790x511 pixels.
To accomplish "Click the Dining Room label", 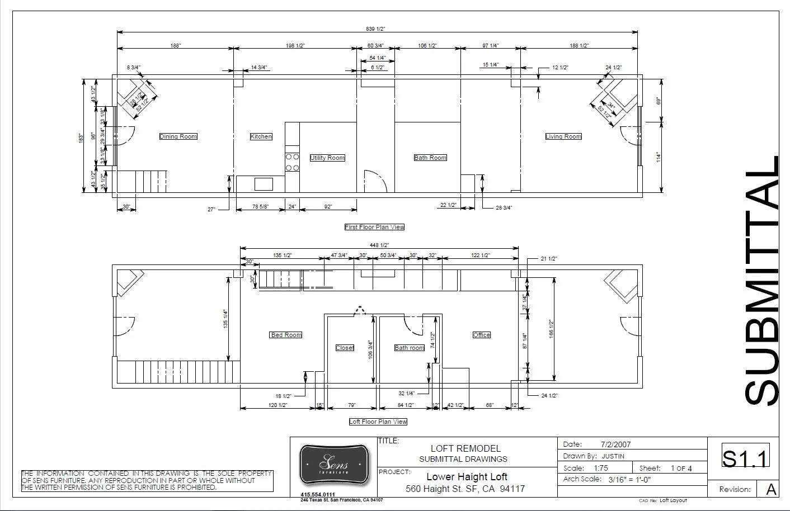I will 178,136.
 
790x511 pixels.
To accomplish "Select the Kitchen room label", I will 261,136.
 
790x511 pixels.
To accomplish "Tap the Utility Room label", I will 327,158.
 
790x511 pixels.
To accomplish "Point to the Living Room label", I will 563,136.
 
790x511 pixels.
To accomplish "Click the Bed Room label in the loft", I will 286,335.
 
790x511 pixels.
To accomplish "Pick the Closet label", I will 345,348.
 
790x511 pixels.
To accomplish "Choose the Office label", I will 481,335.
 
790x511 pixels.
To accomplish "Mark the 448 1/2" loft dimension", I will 379,245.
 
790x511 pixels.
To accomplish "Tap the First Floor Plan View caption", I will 374,227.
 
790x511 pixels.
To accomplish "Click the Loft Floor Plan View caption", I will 378,422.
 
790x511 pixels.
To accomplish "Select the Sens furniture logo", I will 334,464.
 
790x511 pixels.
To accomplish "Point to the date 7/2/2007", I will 615,444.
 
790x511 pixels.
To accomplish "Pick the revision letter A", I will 771,489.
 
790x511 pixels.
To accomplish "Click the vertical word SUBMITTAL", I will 762,280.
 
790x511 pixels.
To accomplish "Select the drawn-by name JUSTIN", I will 613,456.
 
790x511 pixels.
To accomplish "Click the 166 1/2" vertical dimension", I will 551,329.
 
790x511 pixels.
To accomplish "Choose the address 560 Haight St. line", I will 465,489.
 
